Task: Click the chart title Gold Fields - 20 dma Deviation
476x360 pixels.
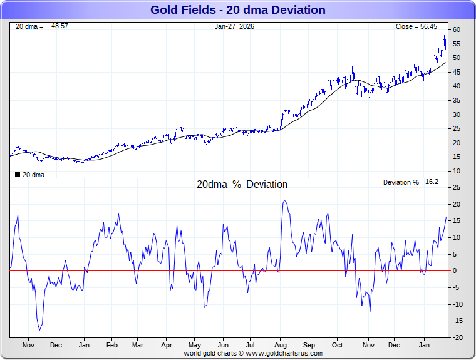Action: coord(238,10)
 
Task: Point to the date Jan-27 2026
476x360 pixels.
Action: coord(235,26)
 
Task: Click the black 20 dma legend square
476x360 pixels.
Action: coord(18,175)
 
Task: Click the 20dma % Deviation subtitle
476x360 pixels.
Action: coord(242,185)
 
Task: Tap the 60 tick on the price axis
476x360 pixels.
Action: coord(457,30)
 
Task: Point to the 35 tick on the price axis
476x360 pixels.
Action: coord(457,100)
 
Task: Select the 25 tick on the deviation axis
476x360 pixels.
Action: coord(457,188)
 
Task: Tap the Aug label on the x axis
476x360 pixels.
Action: coord(281,345)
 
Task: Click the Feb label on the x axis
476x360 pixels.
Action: coord(112,345)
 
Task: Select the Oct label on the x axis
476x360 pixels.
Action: coord(338,345)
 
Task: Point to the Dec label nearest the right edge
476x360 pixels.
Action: coord(395,345)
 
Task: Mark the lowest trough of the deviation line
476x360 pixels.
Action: coord(40,330)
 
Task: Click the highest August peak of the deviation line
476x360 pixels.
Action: coord(285,201)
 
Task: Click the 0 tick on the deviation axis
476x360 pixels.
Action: coord(457,271)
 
